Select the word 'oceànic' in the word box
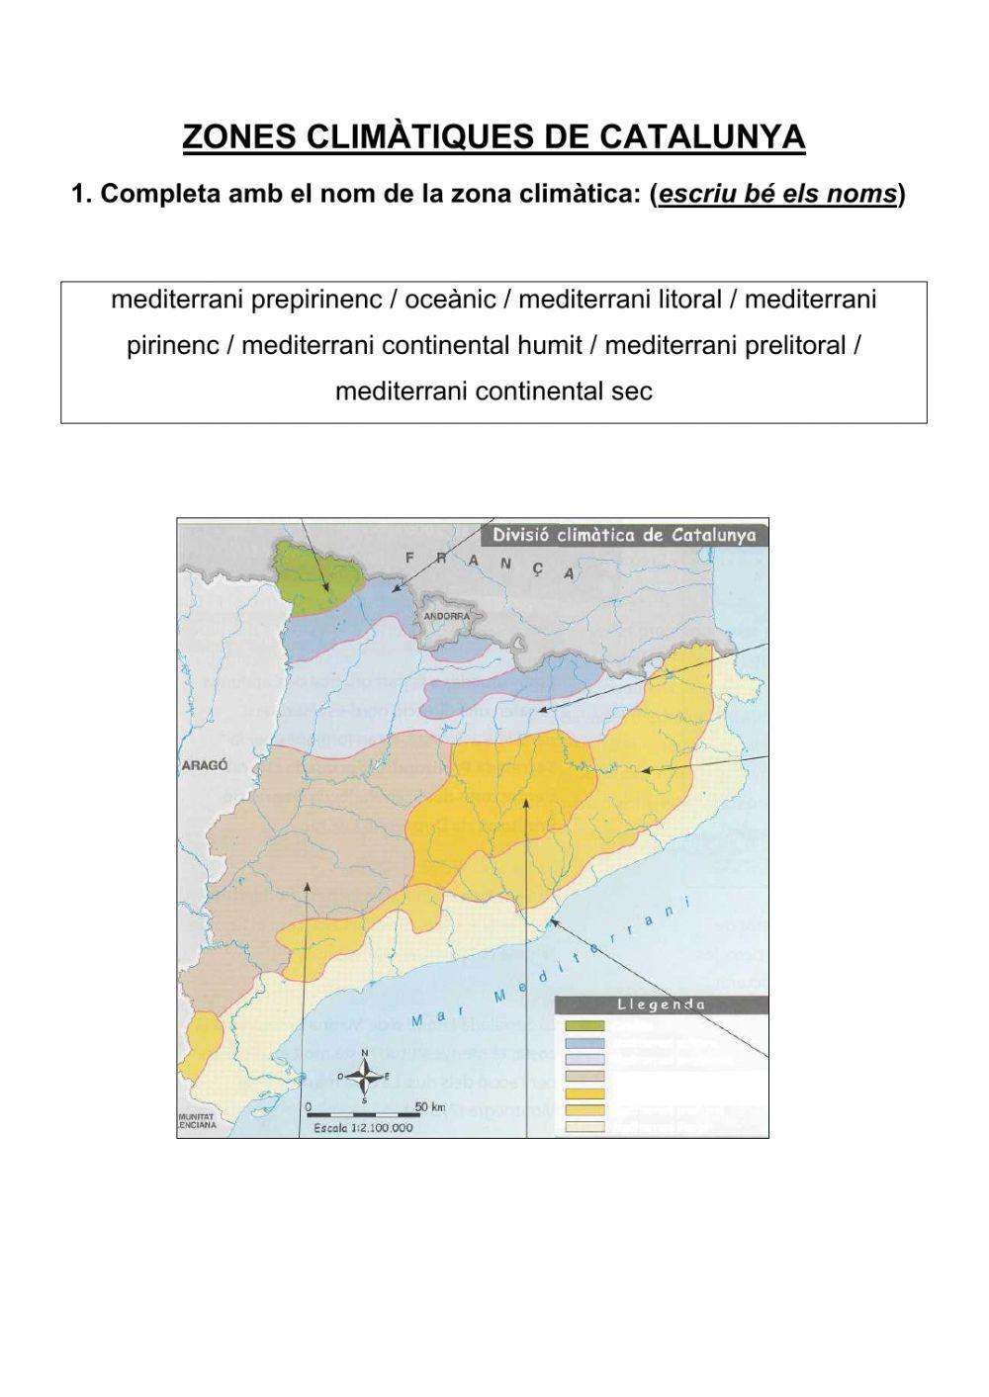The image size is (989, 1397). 451,299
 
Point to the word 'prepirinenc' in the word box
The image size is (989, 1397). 322,299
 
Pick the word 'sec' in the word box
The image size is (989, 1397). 634,392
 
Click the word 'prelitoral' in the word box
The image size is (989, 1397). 791,345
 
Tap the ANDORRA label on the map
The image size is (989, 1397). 447,616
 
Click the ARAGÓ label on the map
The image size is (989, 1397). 205,765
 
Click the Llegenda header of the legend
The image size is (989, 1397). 661,1004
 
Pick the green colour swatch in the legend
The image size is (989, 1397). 584,1025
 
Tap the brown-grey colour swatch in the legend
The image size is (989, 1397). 584,1077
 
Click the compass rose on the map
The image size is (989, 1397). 365,1074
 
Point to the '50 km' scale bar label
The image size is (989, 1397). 430,1106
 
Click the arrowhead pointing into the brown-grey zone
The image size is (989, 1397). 309,884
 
